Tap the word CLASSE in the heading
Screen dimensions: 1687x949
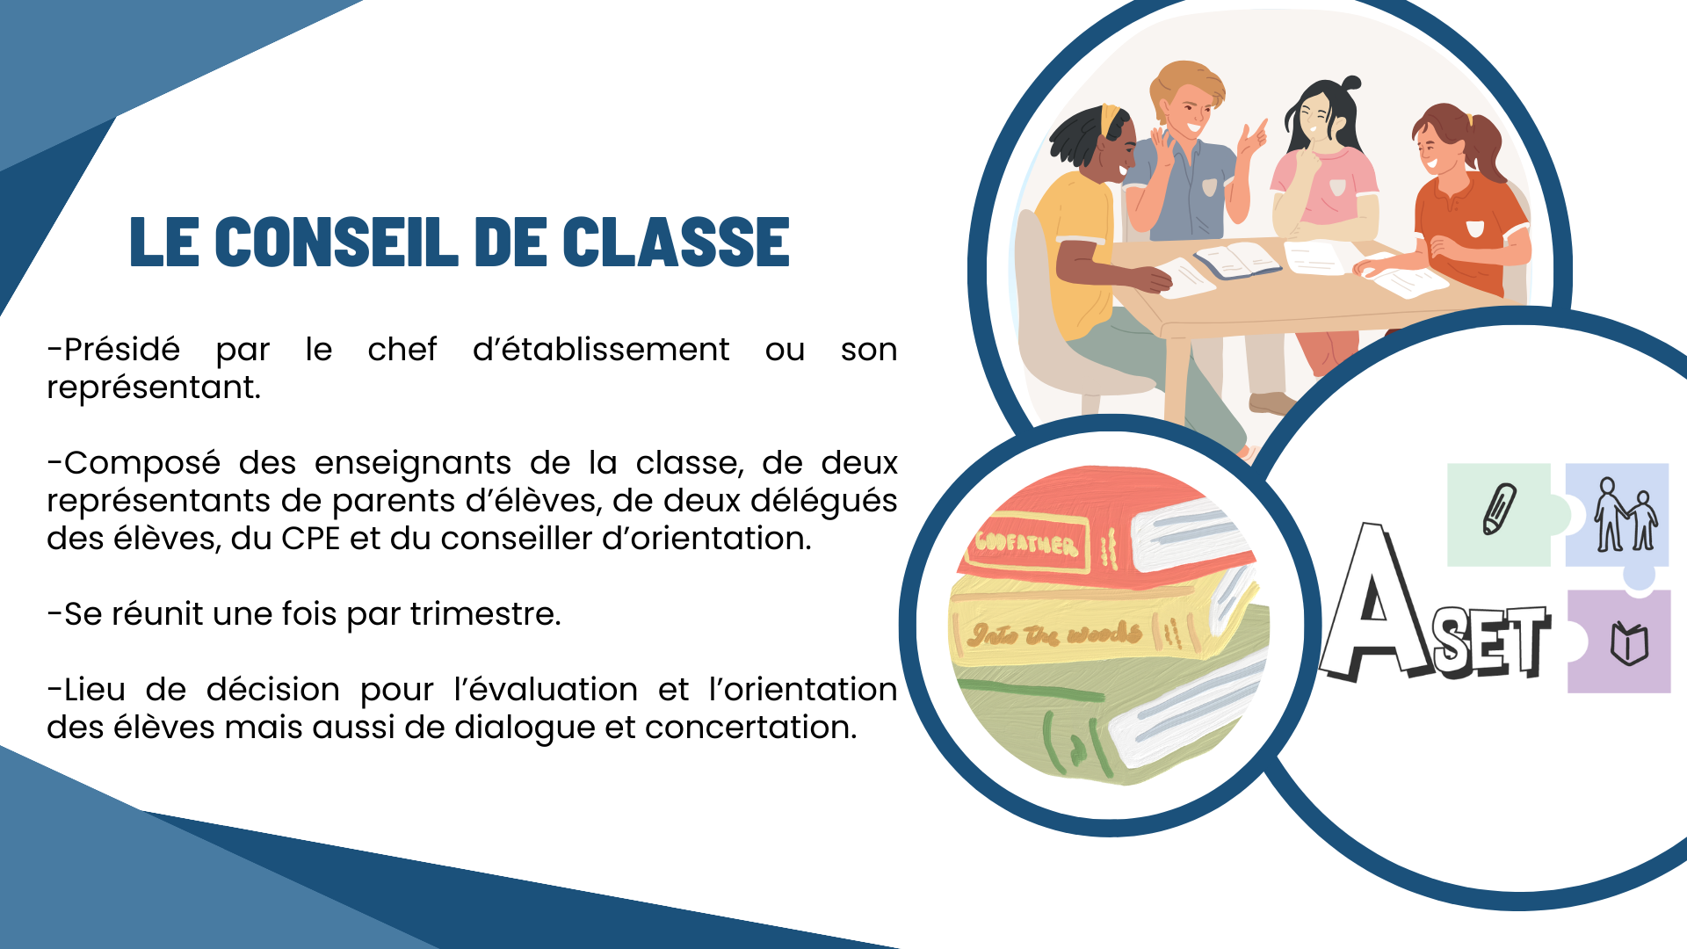point(676,242)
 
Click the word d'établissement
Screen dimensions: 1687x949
point(601,350)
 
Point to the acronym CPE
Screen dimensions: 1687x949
point(310,539)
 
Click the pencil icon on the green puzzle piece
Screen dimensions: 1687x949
point(1500,509)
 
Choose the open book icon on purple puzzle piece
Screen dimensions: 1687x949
point(1629,643)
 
